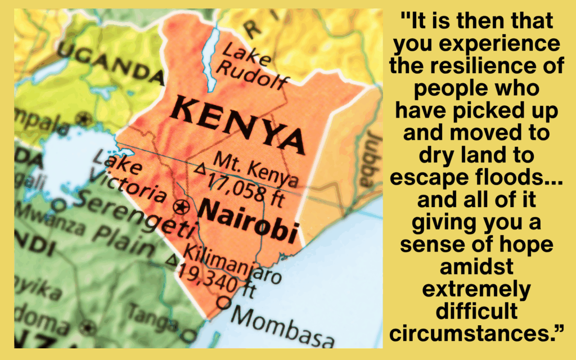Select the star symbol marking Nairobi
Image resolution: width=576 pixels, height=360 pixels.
coord(181,207)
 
